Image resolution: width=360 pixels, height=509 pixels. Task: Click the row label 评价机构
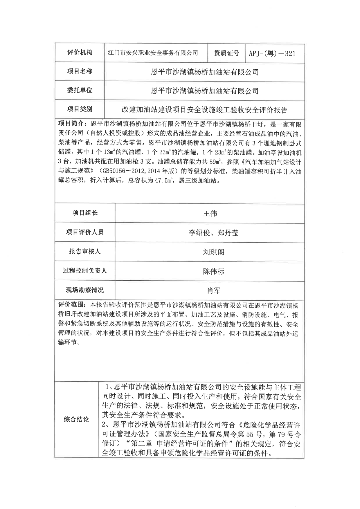[80, 53]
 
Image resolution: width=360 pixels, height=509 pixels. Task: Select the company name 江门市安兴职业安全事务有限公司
[153, 53]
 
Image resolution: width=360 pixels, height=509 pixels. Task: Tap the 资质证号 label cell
[226, 53]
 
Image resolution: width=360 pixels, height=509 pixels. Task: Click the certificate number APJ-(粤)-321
[272, 53]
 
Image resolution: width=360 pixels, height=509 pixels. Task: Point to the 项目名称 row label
[80, 71]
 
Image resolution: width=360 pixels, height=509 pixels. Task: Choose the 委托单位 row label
[80, 90]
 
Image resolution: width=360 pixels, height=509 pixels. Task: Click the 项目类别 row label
[80, 109]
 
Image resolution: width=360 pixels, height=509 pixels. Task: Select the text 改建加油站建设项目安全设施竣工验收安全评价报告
[204, 110]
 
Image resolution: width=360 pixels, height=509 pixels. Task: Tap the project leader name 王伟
[210, 214]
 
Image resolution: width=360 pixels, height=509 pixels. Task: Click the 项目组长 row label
[85, 213]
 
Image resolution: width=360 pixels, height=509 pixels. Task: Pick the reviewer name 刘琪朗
[213, 252]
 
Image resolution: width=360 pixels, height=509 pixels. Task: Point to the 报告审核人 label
[85, 251]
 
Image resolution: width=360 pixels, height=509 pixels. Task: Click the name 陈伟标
[213, 271]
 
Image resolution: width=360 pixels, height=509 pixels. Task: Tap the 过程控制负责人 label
[85, 271]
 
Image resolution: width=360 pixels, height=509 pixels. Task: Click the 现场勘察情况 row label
[85, 290]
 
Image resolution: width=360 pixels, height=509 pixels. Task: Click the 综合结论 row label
[76, 419]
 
